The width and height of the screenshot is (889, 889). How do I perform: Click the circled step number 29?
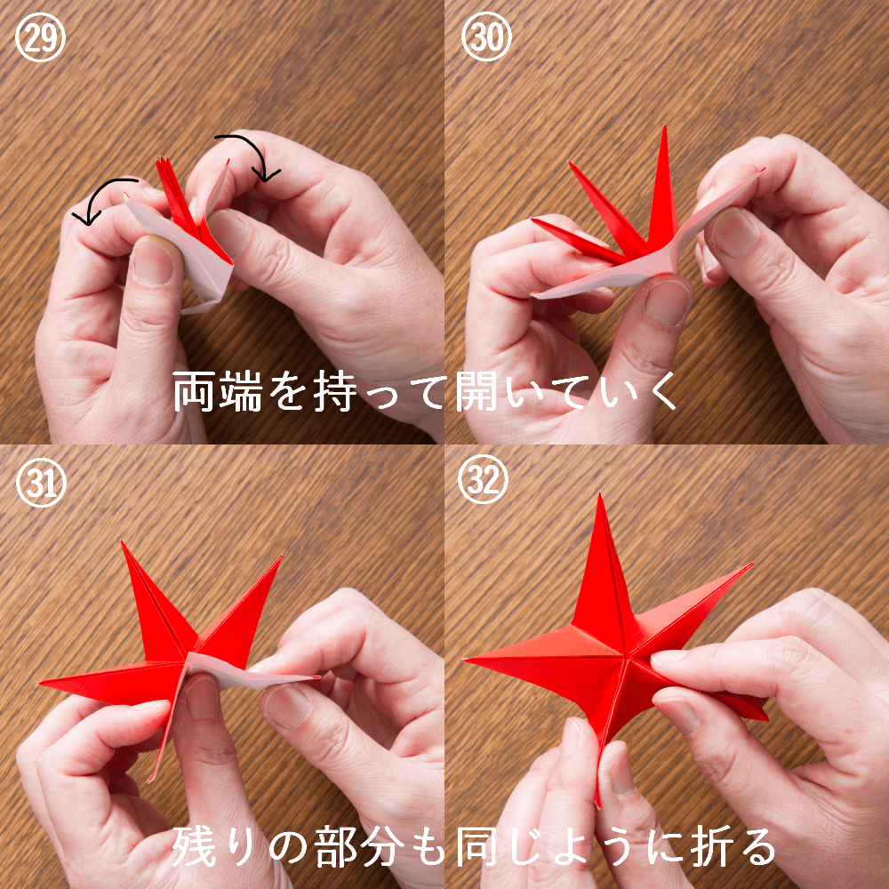point(40,37)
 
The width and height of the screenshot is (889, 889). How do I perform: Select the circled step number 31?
point(41,482)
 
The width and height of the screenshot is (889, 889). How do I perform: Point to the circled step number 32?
point(483,479)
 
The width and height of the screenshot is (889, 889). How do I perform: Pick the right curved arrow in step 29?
point(255,148)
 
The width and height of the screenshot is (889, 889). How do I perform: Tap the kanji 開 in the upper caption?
point(477,391)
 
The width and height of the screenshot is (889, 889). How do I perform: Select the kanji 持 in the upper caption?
point(336,391)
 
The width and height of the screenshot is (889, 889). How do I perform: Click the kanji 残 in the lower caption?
point(194,846)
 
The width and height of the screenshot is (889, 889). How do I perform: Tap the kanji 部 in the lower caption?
point(336,846)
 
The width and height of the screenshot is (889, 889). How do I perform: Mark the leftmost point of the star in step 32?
point(466,660)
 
